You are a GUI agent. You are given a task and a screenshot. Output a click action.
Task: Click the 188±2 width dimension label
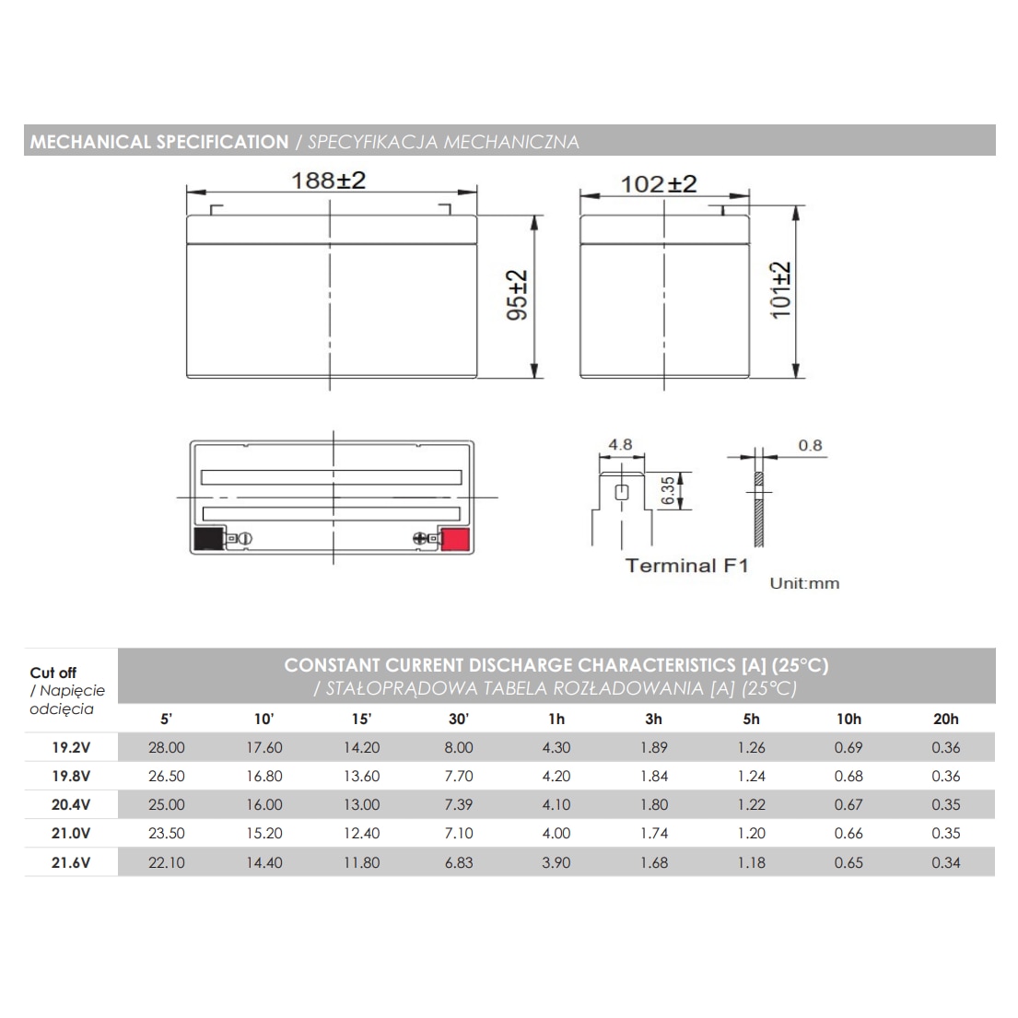point(329,181)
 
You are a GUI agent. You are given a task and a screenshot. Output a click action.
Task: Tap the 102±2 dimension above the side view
point(659,184)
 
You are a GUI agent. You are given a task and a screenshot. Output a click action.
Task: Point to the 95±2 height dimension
point(517,296)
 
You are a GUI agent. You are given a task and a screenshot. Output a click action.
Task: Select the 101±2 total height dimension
point(780,290)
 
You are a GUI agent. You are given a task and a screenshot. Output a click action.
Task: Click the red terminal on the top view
point(455,539)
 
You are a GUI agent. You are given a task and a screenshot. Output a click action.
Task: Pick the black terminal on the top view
point(208,539)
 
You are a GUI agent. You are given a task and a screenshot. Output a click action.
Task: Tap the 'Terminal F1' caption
point(687,566)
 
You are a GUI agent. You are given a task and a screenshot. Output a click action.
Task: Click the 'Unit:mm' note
point(804,583)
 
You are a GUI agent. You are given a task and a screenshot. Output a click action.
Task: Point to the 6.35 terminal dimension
point(668,491)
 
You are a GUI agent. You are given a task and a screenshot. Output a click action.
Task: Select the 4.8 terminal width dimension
point(620,445)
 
